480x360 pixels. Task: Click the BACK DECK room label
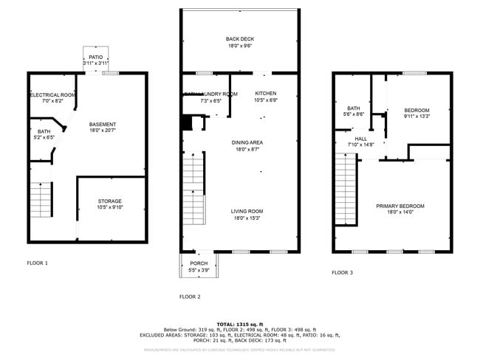click(240, 38)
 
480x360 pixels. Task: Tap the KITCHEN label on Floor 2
click(266, 94)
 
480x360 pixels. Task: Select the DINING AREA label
click(240, 142)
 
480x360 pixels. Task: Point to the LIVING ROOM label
click(247, 211)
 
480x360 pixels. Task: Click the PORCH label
click(199, 263)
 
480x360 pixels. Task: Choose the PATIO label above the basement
click(96, 57)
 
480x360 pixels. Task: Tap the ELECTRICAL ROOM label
click(52, 95)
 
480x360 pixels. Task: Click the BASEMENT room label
click(102, 124)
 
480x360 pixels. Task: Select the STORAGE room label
click(110, 201)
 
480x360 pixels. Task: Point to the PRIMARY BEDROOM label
click(400, 206)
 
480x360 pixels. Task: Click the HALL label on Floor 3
click(360, 138)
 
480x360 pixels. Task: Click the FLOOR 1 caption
click(37, 263)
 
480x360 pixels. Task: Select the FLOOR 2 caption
click(190, 297)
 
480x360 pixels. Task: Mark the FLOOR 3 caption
click(342, 272)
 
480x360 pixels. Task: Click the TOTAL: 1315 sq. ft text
click(240, 324)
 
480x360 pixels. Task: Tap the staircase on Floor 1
click(42, 200)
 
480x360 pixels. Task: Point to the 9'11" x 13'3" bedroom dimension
click(416, 116)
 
